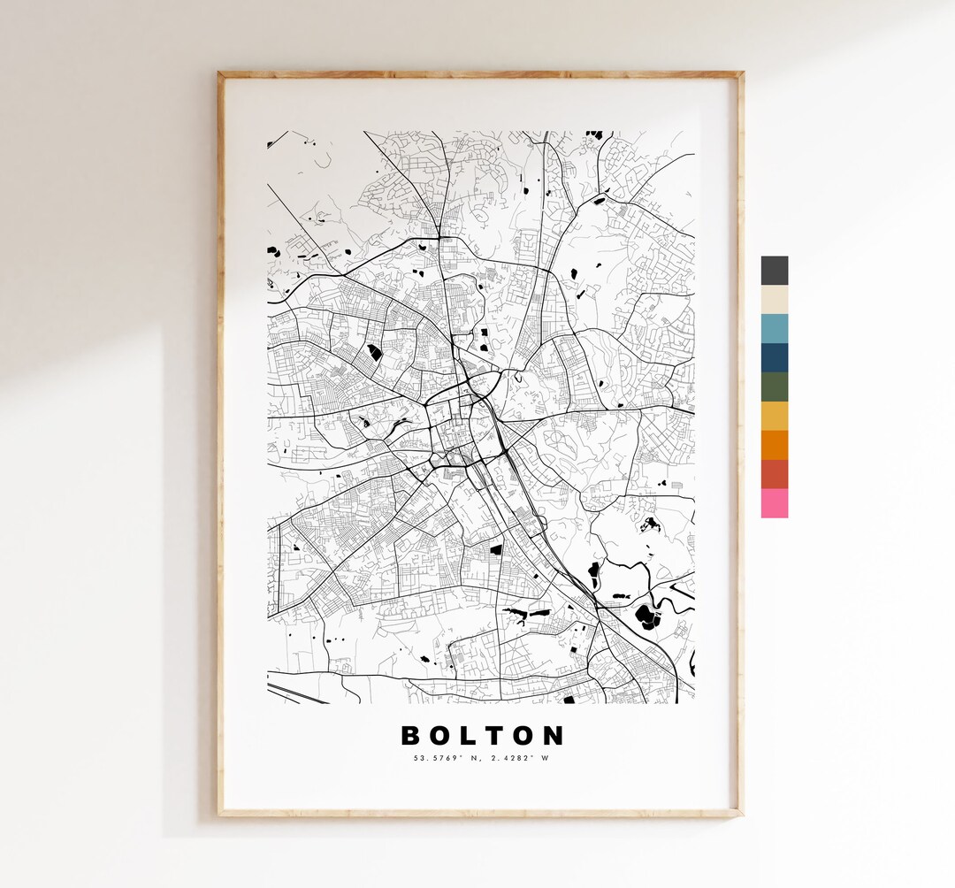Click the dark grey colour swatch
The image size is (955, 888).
coord(774,271)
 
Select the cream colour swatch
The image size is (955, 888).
coord(774,299)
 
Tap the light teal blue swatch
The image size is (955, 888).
coord(774,328)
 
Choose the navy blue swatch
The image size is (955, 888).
coord(774,357)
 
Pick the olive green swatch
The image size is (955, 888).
coord(774,387)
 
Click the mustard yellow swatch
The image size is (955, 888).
coord(774,416)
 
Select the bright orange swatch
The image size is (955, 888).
coord(774,445)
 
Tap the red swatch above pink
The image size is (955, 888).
coord(774,474)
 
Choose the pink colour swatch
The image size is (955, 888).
coord(774,503)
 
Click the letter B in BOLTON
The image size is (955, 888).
coord(413,736)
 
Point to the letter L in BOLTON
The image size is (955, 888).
coord(472,736)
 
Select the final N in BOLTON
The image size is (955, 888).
coord(553,736)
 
